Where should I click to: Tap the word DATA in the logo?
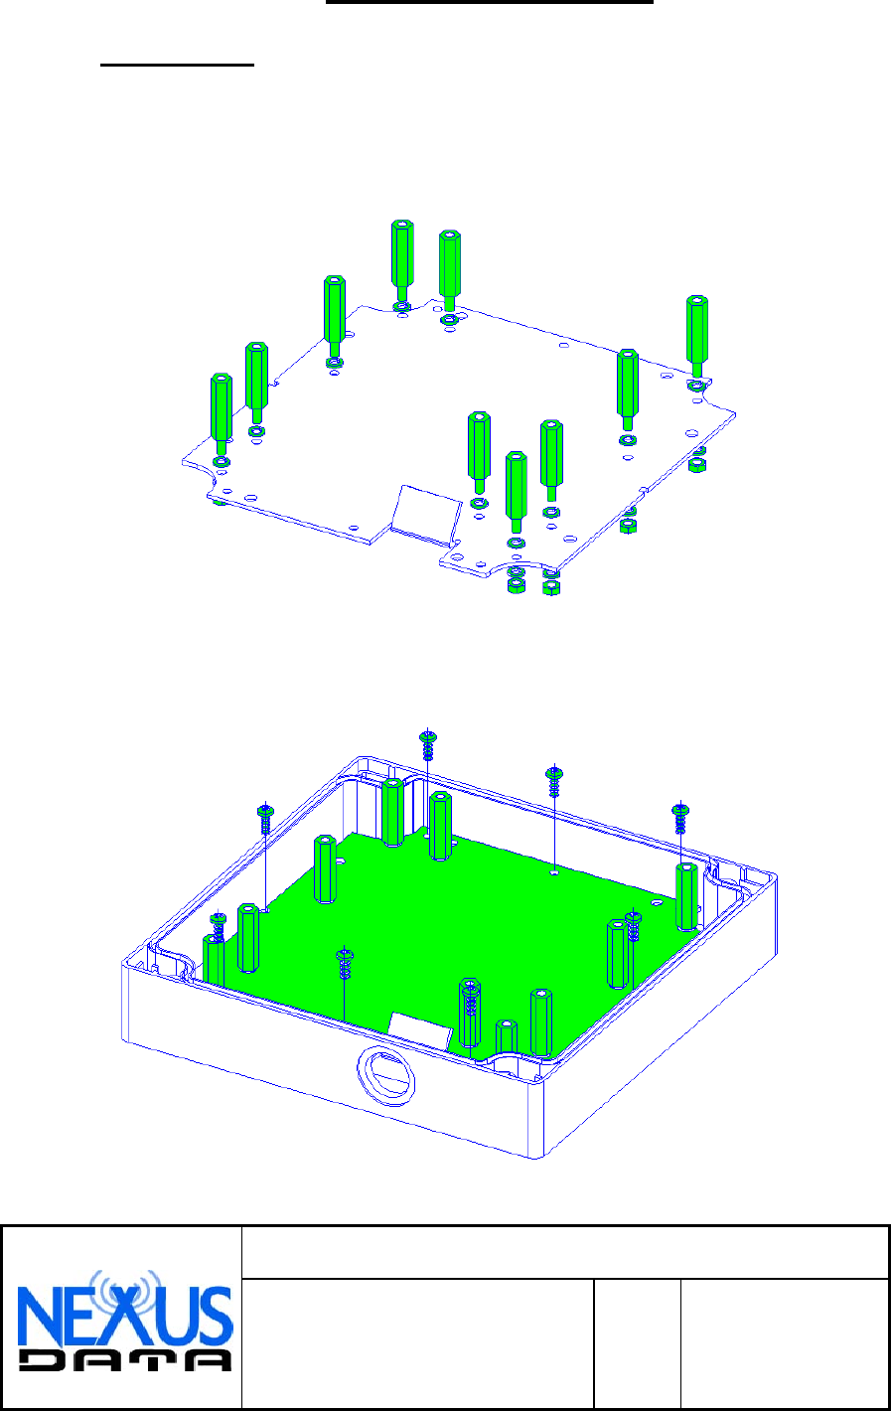pos(125,1360)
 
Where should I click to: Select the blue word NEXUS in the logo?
pos(125,1317)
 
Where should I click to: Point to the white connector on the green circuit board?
pos(420,1031)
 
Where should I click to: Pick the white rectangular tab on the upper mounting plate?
pos(427,514)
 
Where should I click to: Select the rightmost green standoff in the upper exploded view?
pos(696,336)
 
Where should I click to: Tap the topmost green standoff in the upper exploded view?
pos(402,260)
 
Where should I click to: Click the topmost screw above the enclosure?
pos(428,745)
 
